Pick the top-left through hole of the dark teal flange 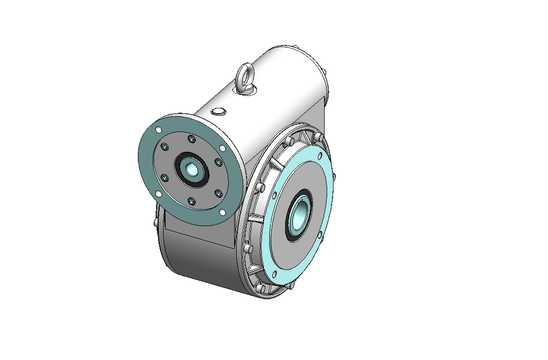158,130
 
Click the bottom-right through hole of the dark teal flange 222,212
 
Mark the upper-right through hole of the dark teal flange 223,148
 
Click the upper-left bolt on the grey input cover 165,147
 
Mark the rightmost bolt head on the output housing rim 335,177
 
